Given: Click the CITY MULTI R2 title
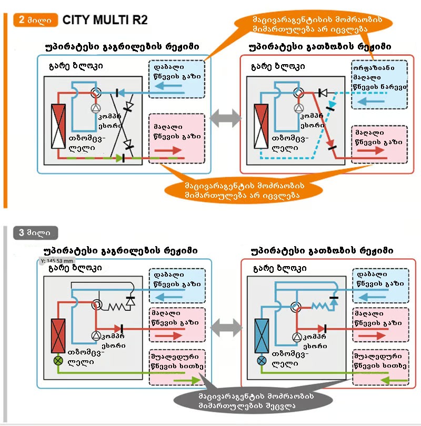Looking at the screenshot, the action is (x=105, y=20).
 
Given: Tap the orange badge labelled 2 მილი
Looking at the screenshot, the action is (x=36, y=20).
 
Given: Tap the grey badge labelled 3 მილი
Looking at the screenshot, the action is (x=36, y=233).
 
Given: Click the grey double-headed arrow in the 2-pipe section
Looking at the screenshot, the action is (x=226, y=118).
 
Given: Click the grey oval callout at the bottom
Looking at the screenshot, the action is (x=253, y=401).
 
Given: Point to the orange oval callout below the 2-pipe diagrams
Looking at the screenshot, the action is (x=244, y=190).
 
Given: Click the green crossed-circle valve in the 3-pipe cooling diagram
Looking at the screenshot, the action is (x=58, y=361).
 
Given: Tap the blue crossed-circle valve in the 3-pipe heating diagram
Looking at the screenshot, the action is (x=262, y=361).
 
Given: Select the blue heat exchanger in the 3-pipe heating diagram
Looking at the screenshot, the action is (x=262, y=336).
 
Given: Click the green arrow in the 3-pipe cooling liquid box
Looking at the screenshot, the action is (x=187, y=380).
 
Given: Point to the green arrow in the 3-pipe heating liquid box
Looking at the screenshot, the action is (x=394, y=380).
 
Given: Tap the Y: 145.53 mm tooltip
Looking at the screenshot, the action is (x=57, y=261).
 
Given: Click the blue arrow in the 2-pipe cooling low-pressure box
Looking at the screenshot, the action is (x=168, y=86).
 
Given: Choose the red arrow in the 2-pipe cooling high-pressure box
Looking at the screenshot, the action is (x=168, y=150).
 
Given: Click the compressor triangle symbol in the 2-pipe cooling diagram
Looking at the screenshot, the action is (x=96, y=108).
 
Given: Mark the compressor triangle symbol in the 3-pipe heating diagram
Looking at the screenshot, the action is (x=297, y=337).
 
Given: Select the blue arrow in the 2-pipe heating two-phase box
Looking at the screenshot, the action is (x=370, y=102).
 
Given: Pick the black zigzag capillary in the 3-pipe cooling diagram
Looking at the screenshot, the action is (x=117, y=307).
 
